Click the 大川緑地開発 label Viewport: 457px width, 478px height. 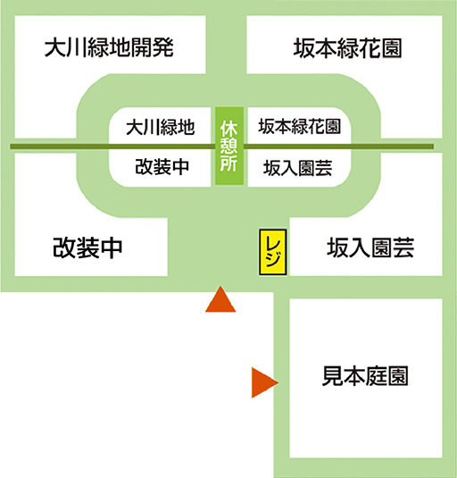coord(109,47)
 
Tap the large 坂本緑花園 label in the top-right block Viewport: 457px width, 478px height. coord(347,48)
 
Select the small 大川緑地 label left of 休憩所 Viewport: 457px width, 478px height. coord(160,127)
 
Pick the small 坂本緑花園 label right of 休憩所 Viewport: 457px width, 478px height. coord(299,126)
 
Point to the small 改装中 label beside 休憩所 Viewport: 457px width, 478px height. coord(162,167)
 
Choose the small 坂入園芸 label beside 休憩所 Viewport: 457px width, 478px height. coord(297,168)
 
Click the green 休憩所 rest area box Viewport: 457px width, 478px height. coord(229,146)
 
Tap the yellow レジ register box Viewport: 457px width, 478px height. coord(273,252)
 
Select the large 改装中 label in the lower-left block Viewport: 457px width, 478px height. coord(87,247)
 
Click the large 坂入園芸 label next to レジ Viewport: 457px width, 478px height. coord(370,247)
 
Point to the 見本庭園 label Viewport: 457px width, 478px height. coord(365,376)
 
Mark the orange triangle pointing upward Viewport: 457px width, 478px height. coord(220,299)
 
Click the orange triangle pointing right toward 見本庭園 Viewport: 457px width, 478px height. coord(264,382)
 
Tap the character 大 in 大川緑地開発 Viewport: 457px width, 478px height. coord(55,47)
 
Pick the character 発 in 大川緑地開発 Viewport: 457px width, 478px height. coord(163,47)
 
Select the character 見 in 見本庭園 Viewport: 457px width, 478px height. coord(333,376)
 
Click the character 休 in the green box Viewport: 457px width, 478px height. coord(229,129)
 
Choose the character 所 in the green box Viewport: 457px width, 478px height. coord(229,164)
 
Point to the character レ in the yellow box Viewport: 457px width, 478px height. coord(273,243)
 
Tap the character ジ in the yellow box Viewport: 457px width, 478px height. coord(273,260)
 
